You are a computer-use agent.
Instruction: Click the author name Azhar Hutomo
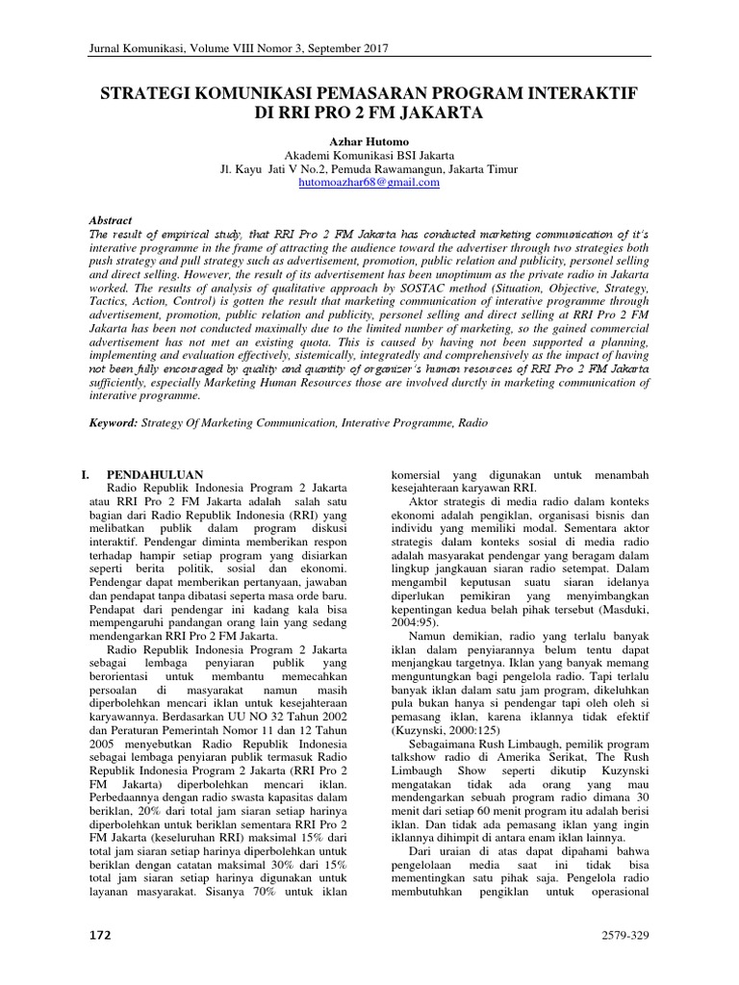click(369, 140)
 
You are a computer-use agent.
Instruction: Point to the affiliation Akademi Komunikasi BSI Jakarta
click(369, 155)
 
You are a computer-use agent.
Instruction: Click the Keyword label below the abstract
click(113, 422)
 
